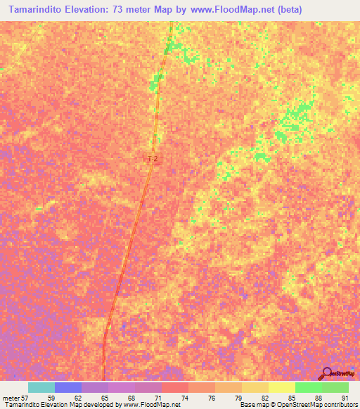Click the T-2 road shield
(152, 160)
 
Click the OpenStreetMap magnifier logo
(326, 374)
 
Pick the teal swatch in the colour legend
(41, 387)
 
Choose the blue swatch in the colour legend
(67, 387)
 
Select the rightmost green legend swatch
(335, 387)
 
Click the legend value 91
(344, 398)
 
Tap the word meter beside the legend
(11, 398)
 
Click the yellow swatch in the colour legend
(281, 387)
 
